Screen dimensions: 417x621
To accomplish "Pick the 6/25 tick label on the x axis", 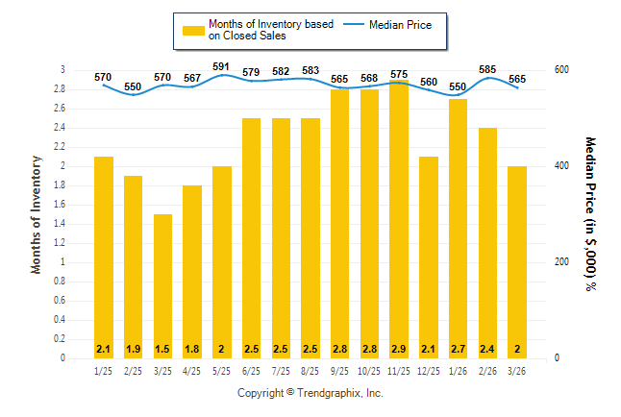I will click(251, 371).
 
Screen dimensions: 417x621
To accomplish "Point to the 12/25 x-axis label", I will click(429, 371).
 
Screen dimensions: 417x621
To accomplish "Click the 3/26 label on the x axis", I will click(517, 371).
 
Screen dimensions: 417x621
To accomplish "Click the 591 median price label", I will click(221, 66).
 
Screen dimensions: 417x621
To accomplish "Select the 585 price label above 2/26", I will click(487, 69).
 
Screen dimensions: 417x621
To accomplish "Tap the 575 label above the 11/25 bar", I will click(399, 73).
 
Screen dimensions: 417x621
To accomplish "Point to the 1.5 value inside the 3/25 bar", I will click(162, 348).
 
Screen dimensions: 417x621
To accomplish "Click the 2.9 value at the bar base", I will click(399, 348).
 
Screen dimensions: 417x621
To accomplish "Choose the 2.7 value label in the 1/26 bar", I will click(458, 348).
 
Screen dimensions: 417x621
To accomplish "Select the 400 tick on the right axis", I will click(559, 166).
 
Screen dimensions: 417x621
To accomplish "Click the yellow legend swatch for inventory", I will click(193, 30).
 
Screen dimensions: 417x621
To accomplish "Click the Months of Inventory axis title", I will click(37, 214).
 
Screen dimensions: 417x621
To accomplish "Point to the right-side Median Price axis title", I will click(589, 213).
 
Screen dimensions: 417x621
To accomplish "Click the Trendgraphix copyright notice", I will click(310, 394).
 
